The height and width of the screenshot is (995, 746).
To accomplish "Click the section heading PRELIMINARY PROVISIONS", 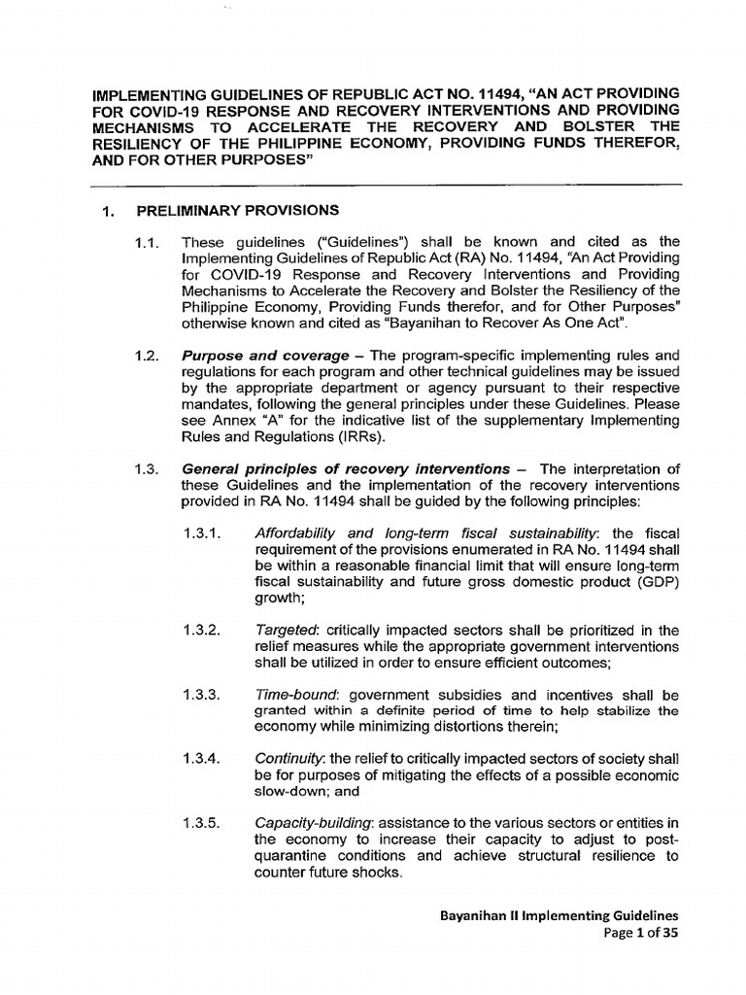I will click(x=237, y=210).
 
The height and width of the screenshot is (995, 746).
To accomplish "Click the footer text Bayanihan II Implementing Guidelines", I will click(x=559, y=915).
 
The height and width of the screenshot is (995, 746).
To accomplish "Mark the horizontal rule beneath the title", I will click(x=387, y=184).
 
